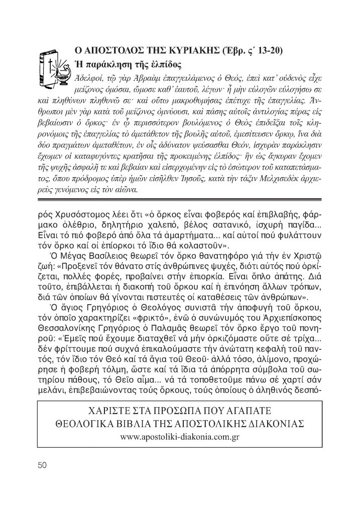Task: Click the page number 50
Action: [42, 465]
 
